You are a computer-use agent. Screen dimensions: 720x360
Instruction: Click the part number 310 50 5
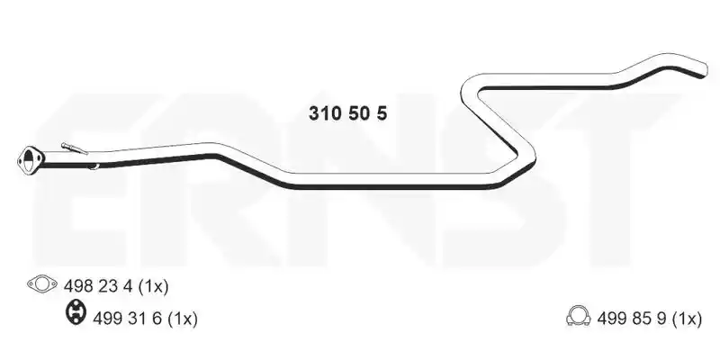[x=347, y=113]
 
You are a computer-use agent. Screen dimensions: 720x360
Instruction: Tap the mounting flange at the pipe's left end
[x=31, y=160]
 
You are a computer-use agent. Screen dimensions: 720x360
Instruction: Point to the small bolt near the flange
[x=74, y=148]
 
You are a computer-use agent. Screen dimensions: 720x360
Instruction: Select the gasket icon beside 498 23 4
[x=41, y=284]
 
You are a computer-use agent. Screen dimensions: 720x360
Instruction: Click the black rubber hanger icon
[x=76, y=312]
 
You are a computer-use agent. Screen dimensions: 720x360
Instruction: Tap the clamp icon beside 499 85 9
[x=579, y=316]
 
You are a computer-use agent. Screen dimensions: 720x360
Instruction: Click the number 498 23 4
[x=98, y=286]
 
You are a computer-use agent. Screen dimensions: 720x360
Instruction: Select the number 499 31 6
[x=127, y=319]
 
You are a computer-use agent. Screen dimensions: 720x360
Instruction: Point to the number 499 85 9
[x=632, y=319]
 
